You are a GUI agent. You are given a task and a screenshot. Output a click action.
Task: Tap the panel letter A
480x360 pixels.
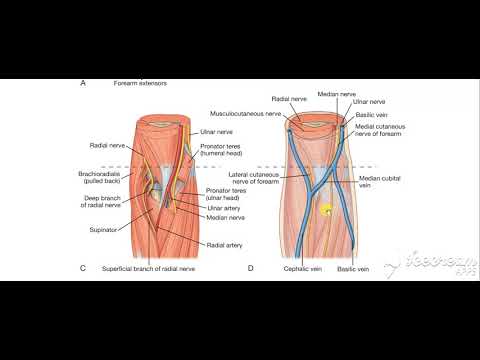(82, 85)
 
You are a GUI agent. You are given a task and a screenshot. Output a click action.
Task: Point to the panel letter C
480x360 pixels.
(82, 268)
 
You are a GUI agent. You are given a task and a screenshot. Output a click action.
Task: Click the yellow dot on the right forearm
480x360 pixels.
(325, 211)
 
